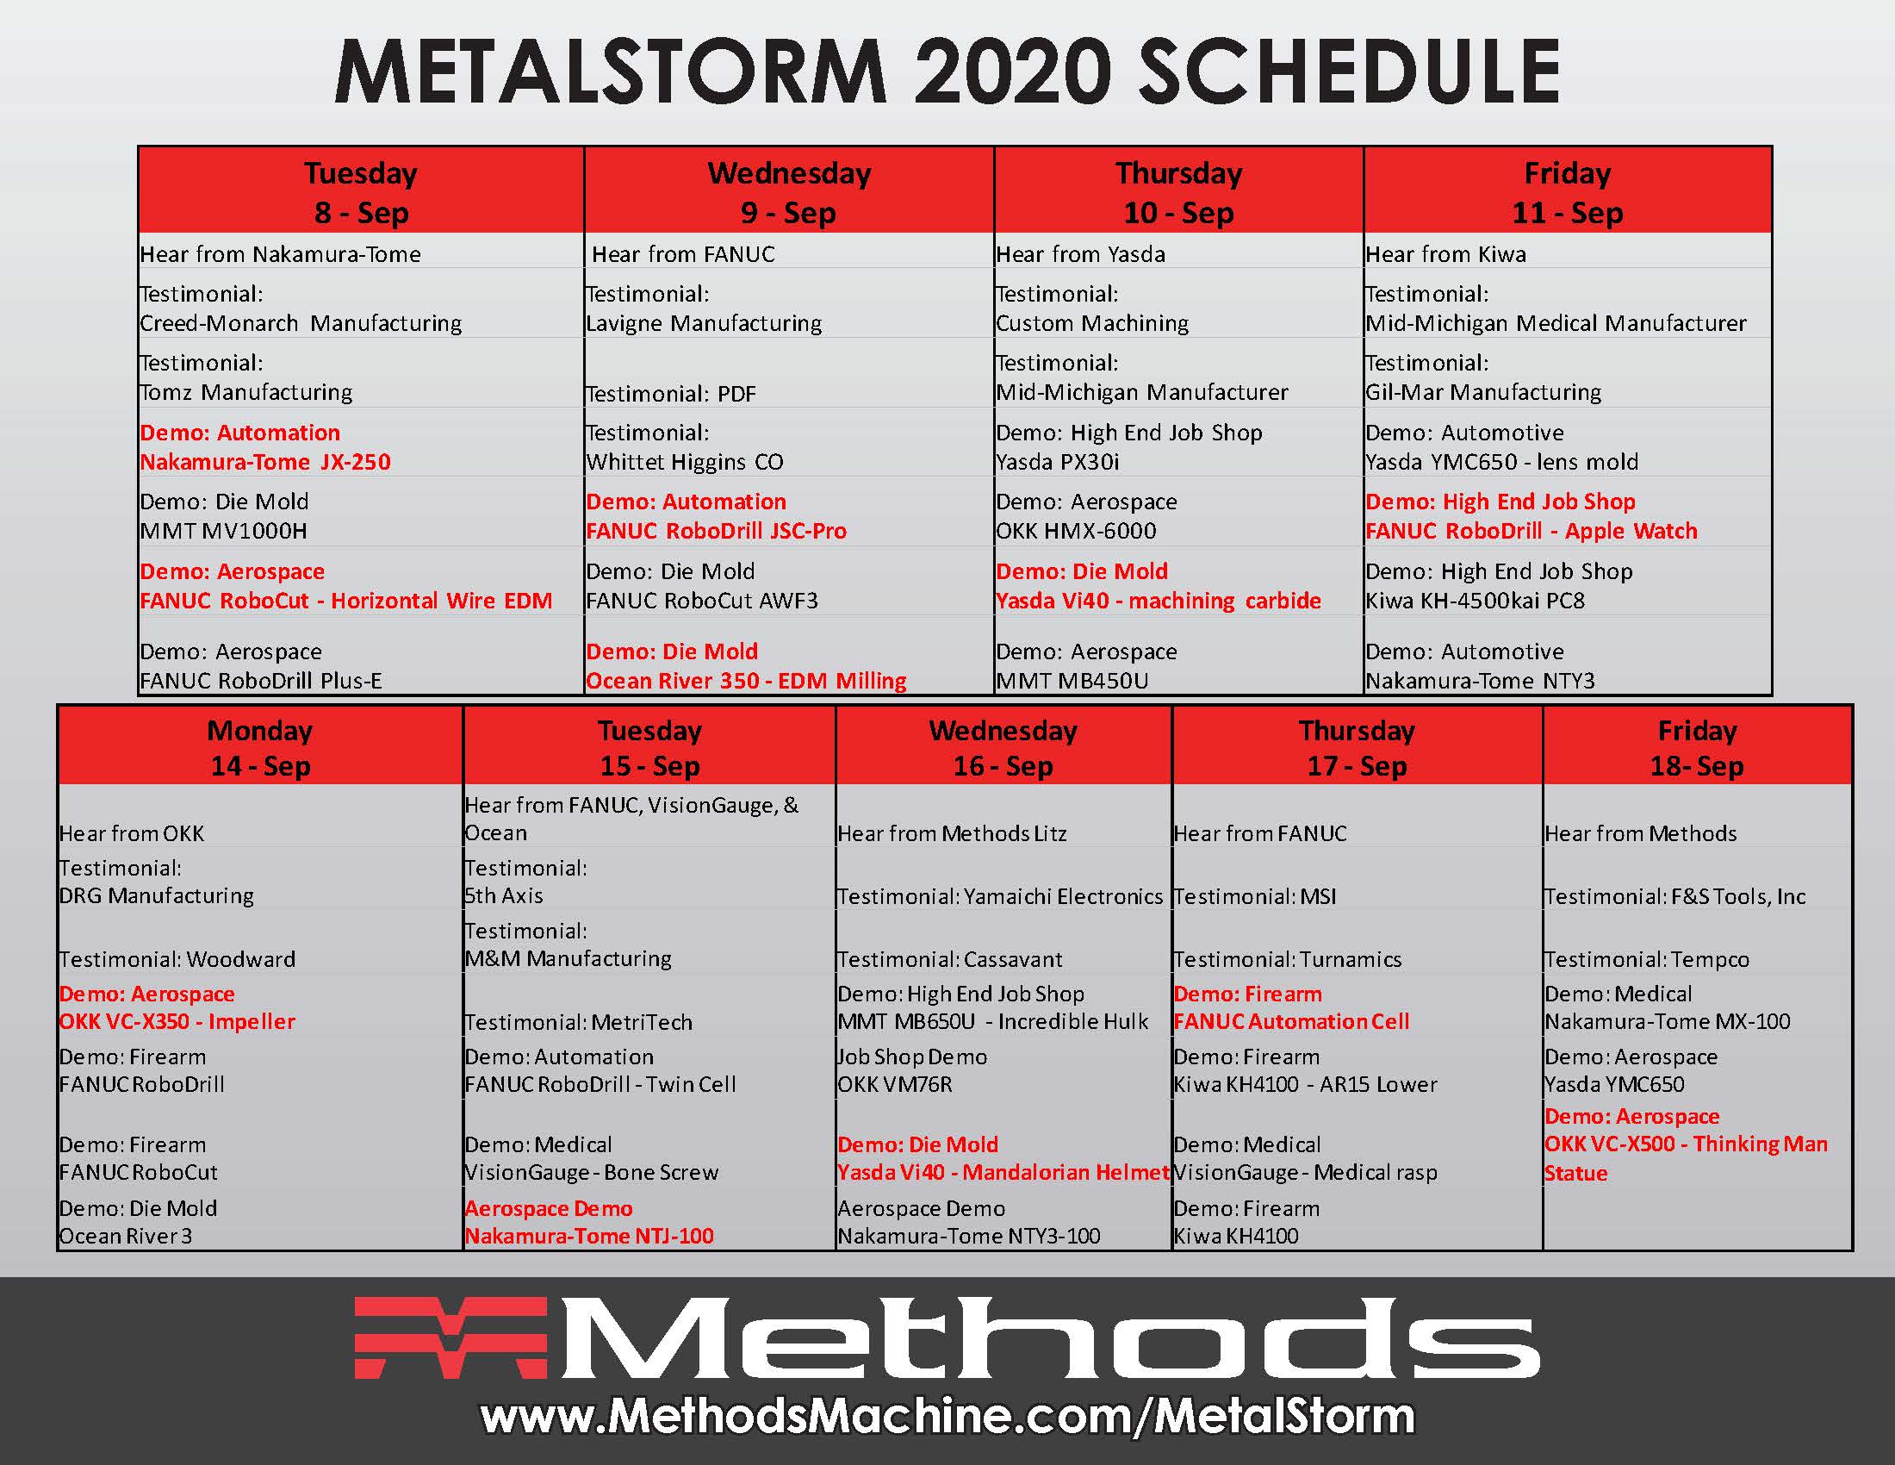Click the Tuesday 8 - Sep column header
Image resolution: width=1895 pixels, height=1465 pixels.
click(x=361, y=191)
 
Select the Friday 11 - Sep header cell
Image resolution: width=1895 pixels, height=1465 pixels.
click(x=1567, y=191)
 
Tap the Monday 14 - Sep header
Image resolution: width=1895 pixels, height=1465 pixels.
click(x=260, y=747)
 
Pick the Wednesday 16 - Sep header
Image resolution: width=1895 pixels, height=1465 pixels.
click(x=1003, y=747)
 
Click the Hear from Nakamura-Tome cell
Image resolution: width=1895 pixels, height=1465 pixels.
click(x=280, y=254)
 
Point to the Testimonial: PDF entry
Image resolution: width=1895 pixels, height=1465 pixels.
click(x=672, y=394)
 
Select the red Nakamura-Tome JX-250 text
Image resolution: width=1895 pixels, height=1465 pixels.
click(x=265, y=462)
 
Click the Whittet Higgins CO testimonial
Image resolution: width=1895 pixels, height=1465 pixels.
click(x=685, y=462)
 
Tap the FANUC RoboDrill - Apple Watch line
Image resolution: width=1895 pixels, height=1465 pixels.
click(x=1532, y=531)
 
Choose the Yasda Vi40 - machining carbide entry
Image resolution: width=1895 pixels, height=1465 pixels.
click(x=1159, y=601)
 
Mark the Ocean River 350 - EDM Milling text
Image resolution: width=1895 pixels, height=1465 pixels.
click(x=746, y=681)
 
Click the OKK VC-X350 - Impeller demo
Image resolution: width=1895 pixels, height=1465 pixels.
click(x=177, y=1021)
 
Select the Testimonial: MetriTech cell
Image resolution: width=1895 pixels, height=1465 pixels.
click(x=579, y=1022)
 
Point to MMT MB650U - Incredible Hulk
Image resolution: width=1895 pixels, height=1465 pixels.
click(x=992, y=1021)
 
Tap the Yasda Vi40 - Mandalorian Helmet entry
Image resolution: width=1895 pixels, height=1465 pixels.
click(x=1003, y=1173)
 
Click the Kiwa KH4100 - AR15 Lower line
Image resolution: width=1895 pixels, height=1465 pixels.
click(x=1305, y=1084)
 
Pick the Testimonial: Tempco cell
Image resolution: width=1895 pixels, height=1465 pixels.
click(x=1647, y=959)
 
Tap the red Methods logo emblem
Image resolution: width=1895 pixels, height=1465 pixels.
click(x=450, y=1337)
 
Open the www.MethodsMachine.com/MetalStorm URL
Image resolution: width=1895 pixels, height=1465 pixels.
click(x=947, y=1417)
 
